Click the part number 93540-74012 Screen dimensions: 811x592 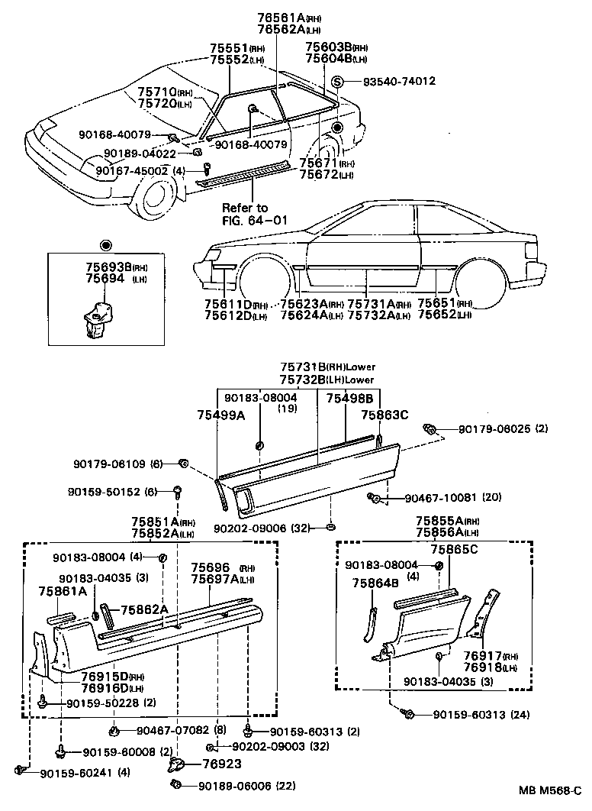point(392,81)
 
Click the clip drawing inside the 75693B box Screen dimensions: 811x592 point(94,319)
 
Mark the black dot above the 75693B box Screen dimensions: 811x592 point(105,245)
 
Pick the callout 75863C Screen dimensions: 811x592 point(384,414)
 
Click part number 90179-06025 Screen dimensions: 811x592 point(495,430)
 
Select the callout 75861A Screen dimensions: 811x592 point(63,590)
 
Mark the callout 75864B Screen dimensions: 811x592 point(376,583)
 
